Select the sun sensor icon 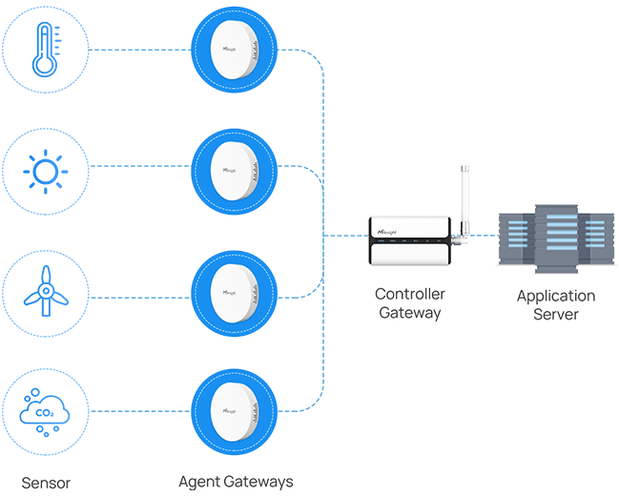tap(45, 171)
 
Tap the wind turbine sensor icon tap(45, 290)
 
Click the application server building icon tap(553, 239)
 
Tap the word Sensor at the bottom tap(45, 481)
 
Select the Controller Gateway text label tap(409, 303)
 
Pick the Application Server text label tap(555, 305)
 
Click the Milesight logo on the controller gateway tap(392, 231)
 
